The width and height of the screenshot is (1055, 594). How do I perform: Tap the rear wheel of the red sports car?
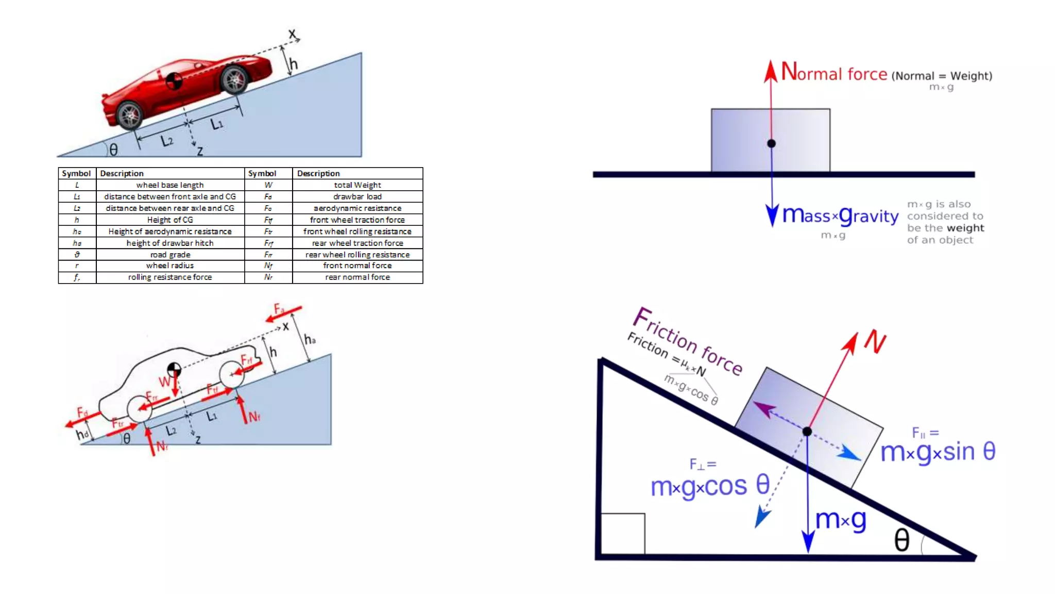click(129, 115)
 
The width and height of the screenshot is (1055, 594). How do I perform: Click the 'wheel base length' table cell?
click(170, 185)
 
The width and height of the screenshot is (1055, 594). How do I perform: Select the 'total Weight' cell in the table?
click(357, 185)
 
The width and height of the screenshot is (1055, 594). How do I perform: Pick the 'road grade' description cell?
click(170, 255)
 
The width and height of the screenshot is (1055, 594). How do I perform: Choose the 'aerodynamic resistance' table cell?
click(357, 208)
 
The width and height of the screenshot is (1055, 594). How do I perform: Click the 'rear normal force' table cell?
click(357, 277)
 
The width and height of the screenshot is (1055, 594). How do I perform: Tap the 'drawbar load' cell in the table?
click(357, 196)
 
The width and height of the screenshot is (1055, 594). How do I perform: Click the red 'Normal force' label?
click(834, 73)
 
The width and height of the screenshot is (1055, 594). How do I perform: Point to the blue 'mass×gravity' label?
click(840, 216)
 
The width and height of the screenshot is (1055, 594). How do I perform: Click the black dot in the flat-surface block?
click(771, 143)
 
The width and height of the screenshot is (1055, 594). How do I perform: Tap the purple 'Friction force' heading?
click(688, 341)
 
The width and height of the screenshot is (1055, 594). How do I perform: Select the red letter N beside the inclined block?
click(875, 342)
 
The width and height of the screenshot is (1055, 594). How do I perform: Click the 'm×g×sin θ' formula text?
click(938, 452)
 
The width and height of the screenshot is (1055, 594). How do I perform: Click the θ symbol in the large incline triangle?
click(901, 540)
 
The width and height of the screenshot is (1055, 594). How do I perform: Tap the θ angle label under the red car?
click(114, 150)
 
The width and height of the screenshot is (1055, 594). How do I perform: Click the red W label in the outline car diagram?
click(164, 382)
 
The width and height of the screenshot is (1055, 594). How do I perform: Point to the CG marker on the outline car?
click(174, 369)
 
